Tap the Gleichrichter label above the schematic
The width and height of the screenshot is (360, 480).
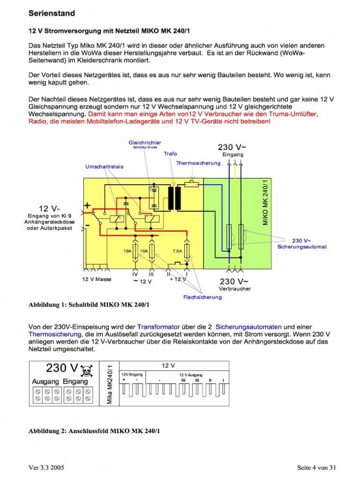click(143, 142)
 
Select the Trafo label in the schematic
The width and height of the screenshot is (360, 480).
click(170, 154)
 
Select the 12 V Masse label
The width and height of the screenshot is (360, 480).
click(96, 280)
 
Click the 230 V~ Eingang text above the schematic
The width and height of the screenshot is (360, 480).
click(232, 149)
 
